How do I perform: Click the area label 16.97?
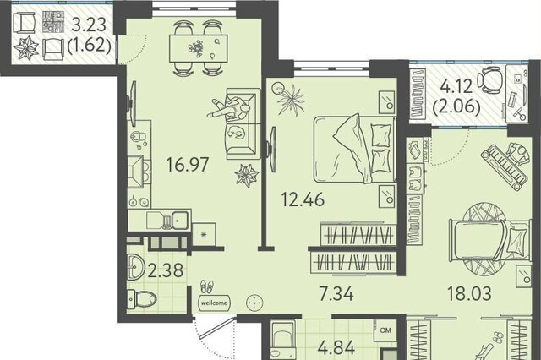tap(188, 164)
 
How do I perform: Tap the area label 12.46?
tap(303, 199)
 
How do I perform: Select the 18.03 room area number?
tap(469, 293)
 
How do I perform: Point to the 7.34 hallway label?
tap(336, 294)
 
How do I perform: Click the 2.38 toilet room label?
tap(166, 270)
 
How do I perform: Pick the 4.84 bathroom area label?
tap(336, 347)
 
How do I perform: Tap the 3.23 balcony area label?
tap(89, 25)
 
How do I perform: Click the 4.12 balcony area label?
tap(456, 86)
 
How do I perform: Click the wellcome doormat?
tap(214, 303)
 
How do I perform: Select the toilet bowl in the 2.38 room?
tap(142, 299)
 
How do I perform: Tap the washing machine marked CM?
tap(385, 330)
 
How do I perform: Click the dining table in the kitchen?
tap(199, 48)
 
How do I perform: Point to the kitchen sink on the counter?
tap(180, 219)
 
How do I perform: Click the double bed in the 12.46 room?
tap(354, 149)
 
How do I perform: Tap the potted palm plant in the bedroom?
tap(290, 97)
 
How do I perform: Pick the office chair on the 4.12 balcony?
tap(490, 80)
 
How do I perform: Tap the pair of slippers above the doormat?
tap(206, 286)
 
